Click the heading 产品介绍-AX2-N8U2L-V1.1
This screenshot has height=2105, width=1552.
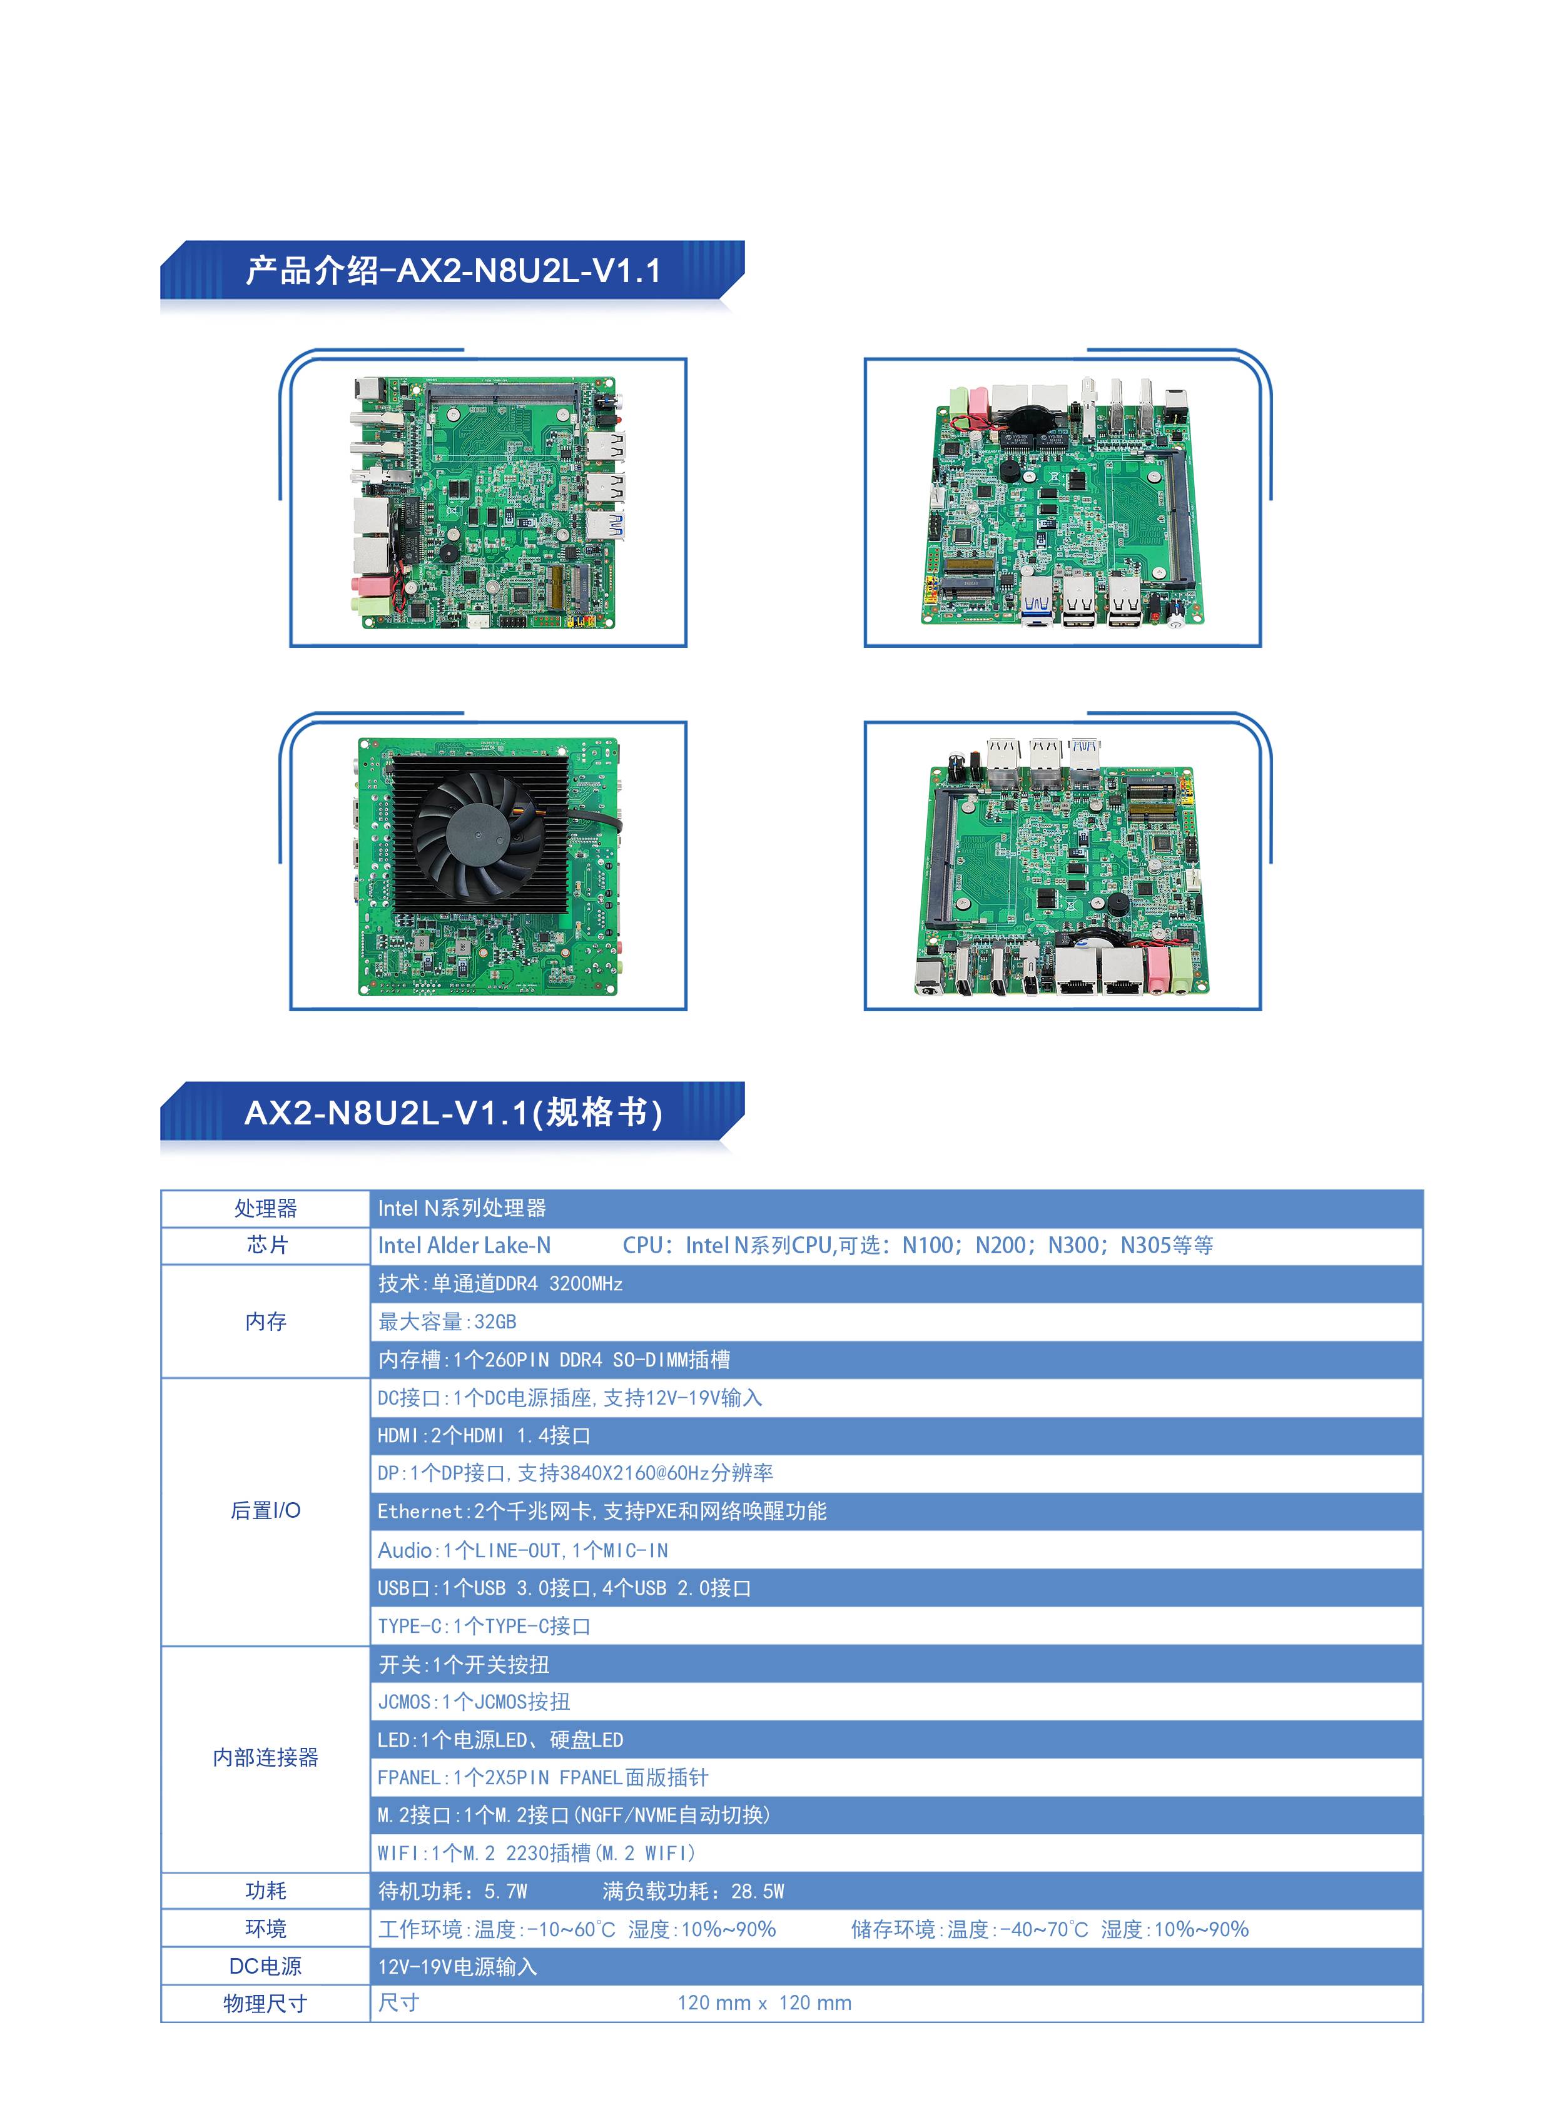pos(453,271)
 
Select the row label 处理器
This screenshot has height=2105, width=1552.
pos(266,1208)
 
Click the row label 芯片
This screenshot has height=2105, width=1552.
pos(266,1246)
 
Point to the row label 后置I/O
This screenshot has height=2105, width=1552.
pos(266,1510)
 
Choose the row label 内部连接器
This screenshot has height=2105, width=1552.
pos(266,1757)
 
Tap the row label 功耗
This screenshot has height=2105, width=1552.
pos(266,1891)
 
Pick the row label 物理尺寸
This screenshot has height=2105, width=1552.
pos(266,2004)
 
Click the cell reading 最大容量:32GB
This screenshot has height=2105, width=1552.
pos(447,1321)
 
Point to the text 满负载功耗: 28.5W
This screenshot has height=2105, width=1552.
pos(693,1891)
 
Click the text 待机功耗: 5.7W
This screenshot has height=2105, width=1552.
pos(453,1891)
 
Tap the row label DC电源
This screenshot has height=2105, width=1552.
pos(266,1966)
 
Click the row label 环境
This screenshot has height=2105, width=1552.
pos(266,1929)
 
